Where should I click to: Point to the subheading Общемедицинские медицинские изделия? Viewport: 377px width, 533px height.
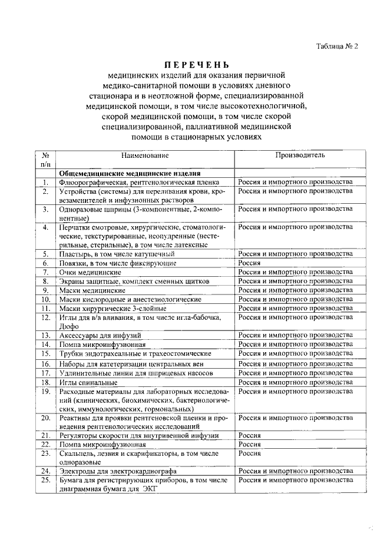click(130, 174)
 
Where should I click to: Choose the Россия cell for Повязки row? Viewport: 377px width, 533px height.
click(249, 263)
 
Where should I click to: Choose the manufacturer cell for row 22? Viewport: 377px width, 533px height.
click(249, 445)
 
